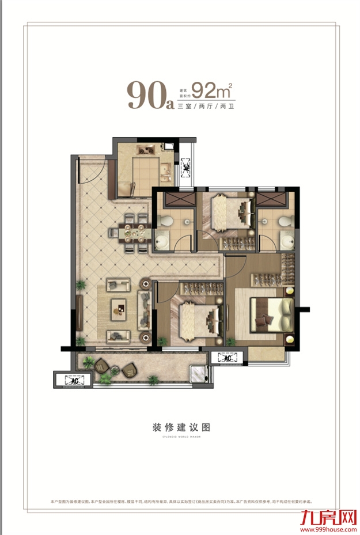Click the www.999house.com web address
pyautogui.click(x=324, y=526)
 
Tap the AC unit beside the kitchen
pyautogui.click(x=186, y=167)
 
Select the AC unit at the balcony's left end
pyautogui.click(x=74, y=380)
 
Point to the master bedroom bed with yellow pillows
pyautogui.click(x=271, y=314)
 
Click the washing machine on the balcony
pyautogui.click(x=199, y=375)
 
